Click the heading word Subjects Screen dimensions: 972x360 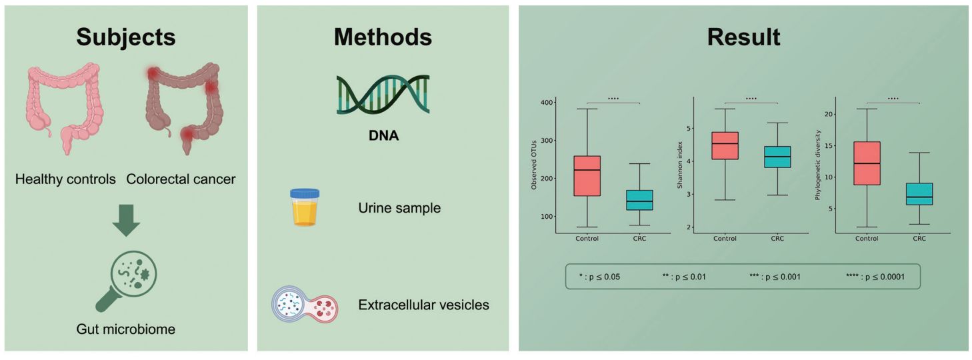pos(126,37)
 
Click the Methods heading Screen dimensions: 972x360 pos(383,37)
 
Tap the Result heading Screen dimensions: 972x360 pos(743,37)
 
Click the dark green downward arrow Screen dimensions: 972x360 pos(126,221)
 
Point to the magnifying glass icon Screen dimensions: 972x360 pos(126,281)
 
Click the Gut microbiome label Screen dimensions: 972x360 pos(126,329)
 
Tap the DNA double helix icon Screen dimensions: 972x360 pos(383,95)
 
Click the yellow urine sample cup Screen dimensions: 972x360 pos(305,207)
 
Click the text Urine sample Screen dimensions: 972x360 pos(399,208)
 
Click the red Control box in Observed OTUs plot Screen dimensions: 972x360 pos(587,175)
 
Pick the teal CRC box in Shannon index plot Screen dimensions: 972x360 pos(777,157)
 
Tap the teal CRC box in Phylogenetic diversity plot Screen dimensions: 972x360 pos(919,194)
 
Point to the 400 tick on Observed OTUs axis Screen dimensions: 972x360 pos(547,103)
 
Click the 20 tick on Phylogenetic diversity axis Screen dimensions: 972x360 pos(829,114)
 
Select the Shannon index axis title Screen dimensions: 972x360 pos(679,165)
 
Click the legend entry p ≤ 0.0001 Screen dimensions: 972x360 pos(875,277)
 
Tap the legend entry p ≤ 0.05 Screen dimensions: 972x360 pos(599,277)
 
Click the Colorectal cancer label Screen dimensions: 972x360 pos(181,179)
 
